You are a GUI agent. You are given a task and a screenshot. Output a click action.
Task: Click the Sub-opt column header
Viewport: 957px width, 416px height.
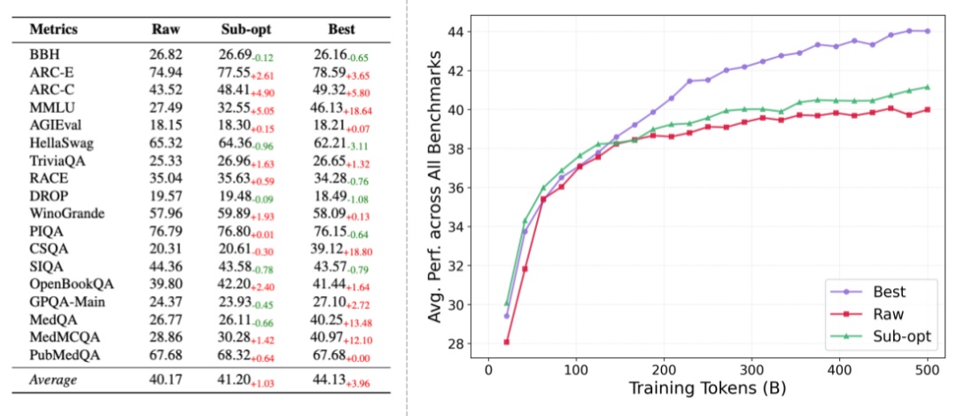pyautogui.click(x=245, y=29)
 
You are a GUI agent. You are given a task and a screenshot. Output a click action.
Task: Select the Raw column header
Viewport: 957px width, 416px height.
pyautogui.click(x=166, y=29)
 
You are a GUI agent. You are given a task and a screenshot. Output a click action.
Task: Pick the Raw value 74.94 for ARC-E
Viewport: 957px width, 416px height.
pyautogui.click(x=166, y=72)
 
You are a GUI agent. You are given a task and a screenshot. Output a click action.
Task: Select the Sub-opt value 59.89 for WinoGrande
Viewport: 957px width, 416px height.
pyautogui.click(x=237, y=213)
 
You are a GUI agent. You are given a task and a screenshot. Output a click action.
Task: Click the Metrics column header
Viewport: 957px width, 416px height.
pyautogui.click(x=54, y=29)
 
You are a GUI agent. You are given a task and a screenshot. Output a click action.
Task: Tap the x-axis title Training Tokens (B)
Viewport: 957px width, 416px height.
pyautogui.click(x=707, y=389)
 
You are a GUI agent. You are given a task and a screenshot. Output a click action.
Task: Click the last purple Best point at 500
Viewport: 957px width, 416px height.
pyautogui.click(x=928, y=31)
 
